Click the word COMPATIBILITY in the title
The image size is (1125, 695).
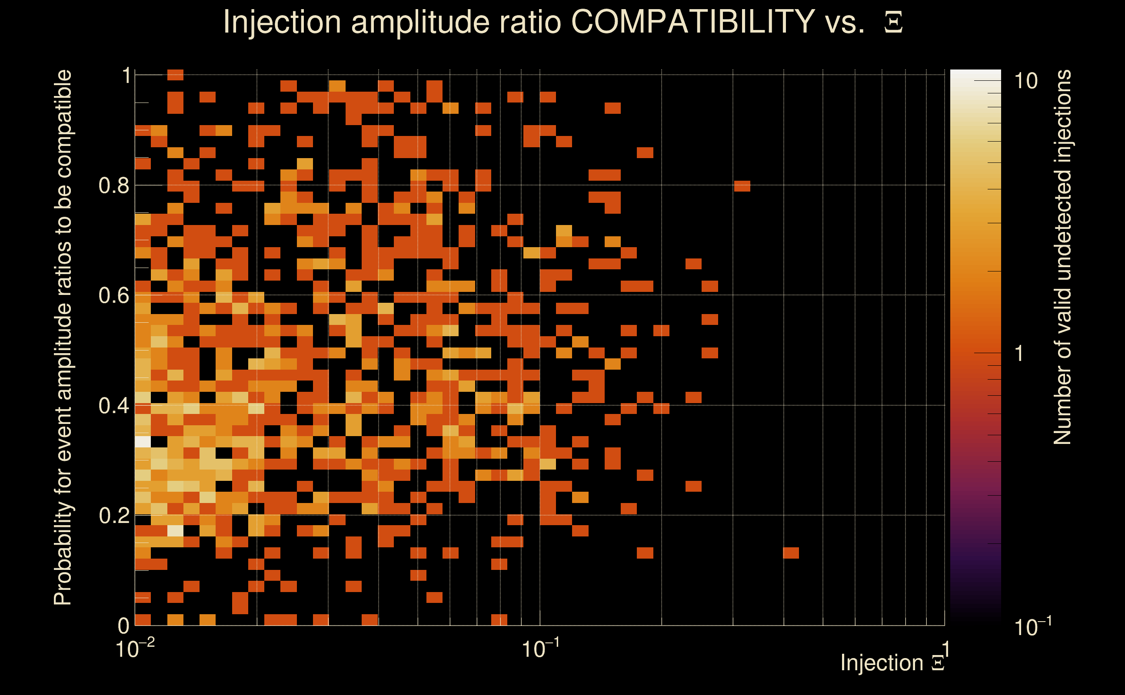tap(692, 22)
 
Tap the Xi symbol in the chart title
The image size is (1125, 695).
tap(893, 23)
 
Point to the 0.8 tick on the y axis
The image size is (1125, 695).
tap(113, 186)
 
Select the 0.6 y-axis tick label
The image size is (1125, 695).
tap(113, 295)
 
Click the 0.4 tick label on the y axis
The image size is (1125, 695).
tap(113, 406)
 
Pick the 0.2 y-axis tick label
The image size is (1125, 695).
tap(113, 516)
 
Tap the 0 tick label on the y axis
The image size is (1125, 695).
tap(123, 625)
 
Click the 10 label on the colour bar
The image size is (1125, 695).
tap(1025, 81)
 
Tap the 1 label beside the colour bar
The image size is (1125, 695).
tap(1019, 354)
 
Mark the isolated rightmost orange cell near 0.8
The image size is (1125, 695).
tap(742, 186)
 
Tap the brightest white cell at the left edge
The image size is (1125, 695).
tap(143, 442)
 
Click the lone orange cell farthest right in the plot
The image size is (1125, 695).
tap(791, 553)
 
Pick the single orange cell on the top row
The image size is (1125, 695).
tap(175, 74)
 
